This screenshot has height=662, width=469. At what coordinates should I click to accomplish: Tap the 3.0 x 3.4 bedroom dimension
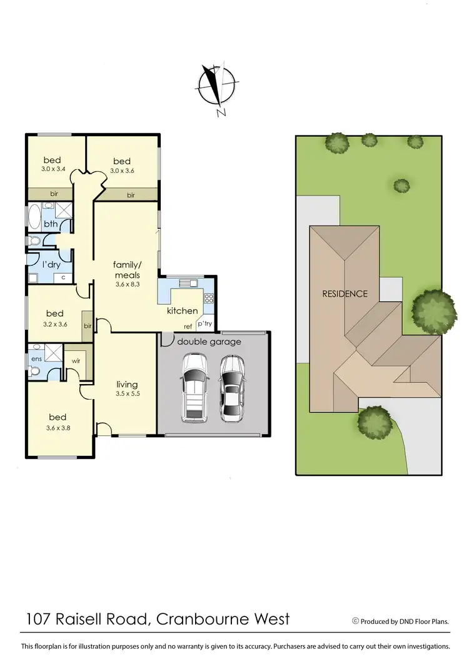(54, 169)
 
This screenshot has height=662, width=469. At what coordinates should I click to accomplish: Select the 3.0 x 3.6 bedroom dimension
(122, 169)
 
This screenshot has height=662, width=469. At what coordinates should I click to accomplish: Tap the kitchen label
(182, 310)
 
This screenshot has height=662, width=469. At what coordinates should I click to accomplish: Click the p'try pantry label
(204, 324)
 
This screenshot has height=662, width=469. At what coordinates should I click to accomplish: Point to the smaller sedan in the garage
(231, 388)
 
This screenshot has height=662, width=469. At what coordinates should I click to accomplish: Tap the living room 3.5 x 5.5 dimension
(126, 395)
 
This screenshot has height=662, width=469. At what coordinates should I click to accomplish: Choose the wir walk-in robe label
(76, 360)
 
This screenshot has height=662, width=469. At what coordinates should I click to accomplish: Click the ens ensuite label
(36, 358)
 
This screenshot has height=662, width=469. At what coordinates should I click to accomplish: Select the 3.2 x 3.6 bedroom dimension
(54, 324)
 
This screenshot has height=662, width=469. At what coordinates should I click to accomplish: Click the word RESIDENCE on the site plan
(345, 293)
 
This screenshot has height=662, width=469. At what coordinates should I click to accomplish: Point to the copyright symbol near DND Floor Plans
(355, 621)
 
